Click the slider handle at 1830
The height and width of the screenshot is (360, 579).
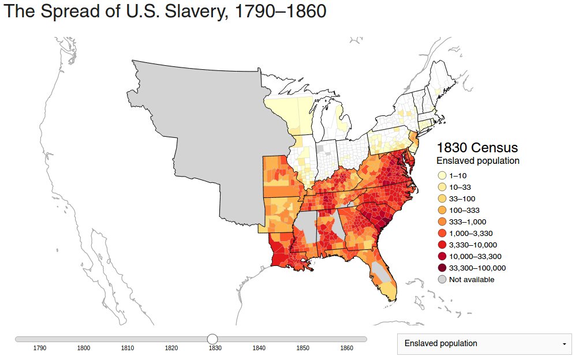pyautogui.click(x=212, y=339)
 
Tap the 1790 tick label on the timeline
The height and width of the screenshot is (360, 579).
pyautogui.click(x=40, y=348)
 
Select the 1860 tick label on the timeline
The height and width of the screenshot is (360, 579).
pyautogui.click(x=346, y=348)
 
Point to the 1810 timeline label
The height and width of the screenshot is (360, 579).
pyautogui.click(x=128, y=348)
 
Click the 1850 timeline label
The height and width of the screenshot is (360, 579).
pyautogui.click(x=302, y=348)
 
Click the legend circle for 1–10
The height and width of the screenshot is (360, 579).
pyautogui.click(x=442, y=175)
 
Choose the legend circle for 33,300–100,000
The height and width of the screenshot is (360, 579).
pyautogui.click(x=442, y=268)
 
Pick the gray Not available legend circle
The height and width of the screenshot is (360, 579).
pyautogui.click(x=442, y=279)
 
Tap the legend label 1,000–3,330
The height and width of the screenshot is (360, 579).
pyautogui.click(x=472, y=233)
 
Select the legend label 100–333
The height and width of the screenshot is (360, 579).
pyautogui.click(x=464, y=210)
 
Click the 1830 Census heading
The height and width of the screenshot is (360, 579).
pyautogui.click(x=477, y=147)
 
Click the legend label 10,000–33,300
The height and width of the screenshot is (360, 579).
pyautogui.click(x=475, y=256)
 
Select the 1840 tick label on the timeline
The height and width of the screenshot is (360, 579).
pyautogui.click(x=259, y=348)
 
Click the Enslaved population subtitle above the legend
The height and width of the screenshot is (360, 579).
pyautogui.click(x=477, y=161)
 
